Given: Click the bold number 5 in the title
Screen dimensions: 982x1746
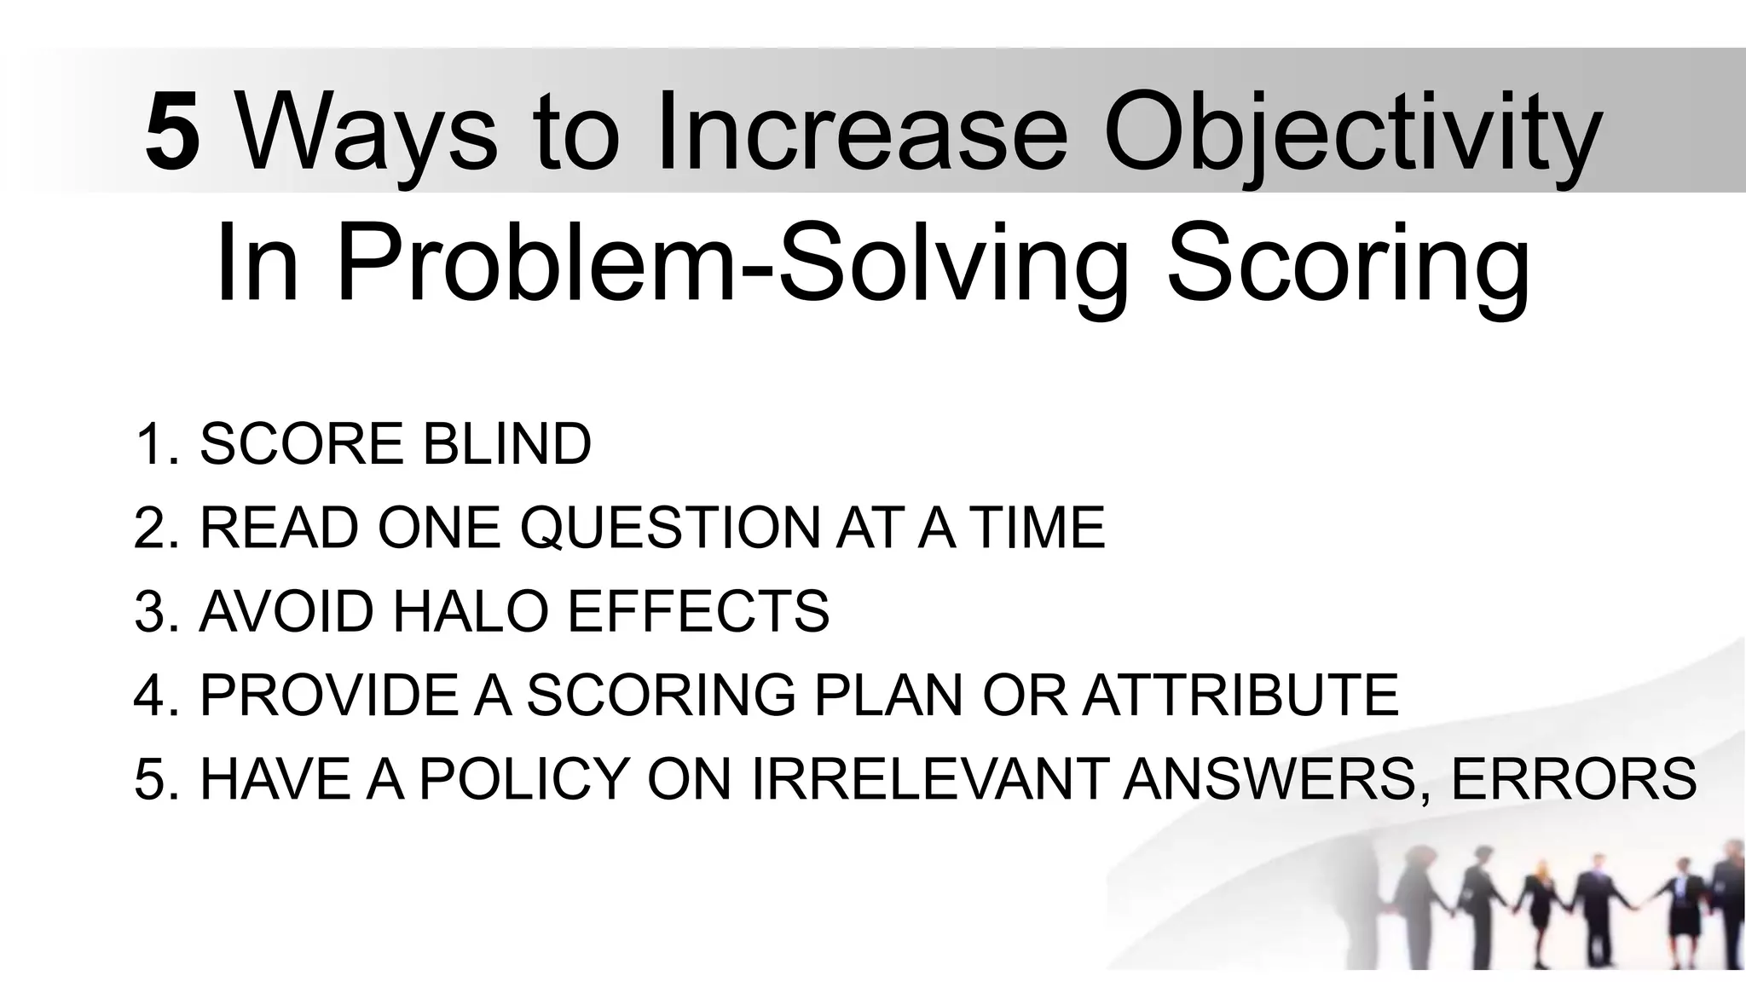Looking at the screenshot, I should (x=172, y=133).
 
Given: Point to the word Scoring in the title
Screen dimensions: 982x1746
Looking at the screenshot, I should (x=1348, y=264).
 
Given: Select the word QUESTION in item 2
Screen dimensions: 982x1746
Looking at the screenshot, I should (x=670, y=528).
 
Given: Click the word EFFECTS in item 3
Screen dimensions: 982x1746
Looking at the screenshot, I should (x=698, y=611).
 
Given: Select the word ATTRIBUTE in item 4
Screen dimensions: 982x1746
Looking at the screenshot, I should (x=1240, y=695).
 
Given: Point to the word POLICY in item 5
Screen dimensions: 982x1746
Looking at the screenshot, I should (x=523, y=778).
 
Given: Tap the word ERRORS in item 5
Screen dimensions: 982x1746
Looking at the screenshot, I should (x=1574, y=778).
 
